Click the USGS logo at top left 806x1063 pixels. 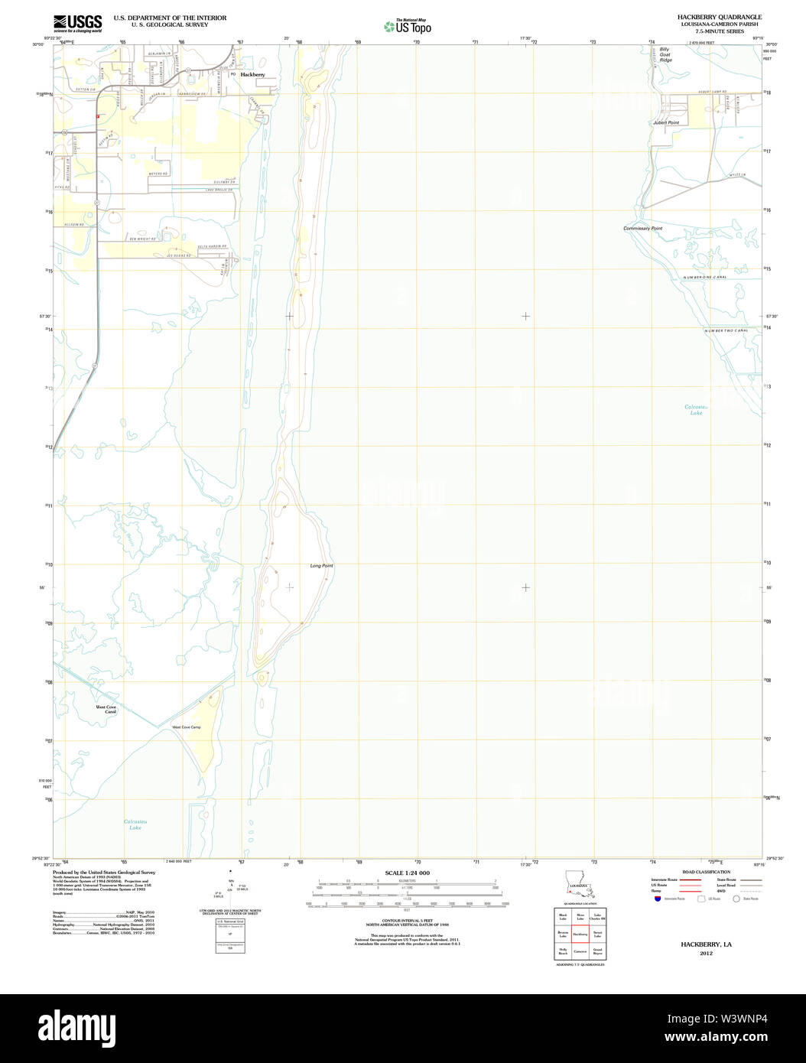77,23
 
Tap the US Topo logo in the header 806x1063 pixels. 408,27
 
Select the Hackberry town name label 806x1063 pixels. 252,75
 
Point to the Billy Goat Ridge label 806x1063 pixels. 666,54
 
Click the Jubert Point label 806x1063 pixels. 665,122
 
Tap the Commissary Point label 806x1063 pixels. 642,229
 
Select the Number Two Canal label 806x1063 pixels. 726,330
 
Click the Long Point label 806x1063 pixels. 321,566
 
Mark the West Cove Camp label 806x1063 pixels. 186,727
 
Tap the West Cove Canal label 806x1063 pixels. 106,710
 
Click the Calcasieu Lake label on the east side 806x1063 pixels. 695,410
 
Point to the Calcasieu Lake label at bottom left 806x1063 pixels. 135,824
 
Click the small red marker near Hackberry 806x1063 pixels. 98,116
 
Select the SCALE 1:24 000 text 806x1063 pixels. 407,873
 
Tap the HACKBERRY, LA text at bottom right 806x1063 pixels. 706,944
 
